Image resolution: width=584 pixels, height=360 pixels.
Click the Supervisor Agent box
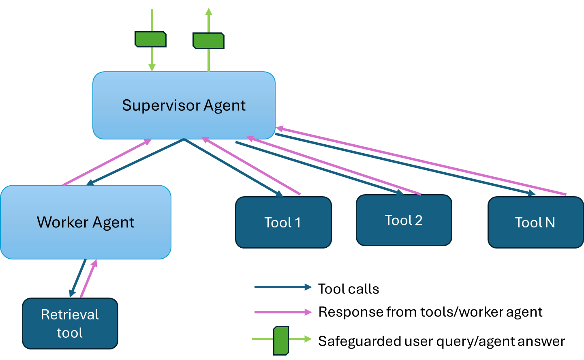(x=184, y=105)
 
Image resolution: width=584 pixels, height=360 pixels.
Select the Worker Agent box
(x=86, y=222)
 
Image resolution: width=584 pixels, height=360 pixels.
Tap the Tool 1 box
(x=283, y=222)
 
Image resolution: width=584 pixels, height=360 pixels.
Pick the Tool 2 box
(x=404, y=220)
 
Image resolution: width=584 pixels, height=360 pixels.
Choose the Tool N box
(x=535, y=222)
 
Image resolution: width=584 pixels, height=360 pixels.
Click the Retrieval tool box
(x=70, y=324)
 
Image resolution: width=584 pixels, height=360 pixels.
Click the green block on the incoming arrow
(x=151, y=39)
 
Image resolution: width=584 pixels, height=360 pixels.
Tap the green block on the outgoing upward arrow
(x=208, y=41)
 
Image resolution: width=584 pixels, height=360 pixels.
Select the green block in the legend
(x=281, y=340)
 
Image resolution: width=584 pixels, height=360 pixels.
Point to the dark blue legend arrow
(x=282, y=287)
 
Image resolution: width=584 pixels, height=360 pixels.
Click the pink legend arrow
(x=282, y=312)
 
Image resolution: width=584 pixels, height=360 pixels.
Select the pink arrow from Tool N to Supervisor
(x=421, y=162)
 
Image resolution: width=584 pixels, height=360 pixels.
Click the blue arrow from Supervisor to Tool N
(x=405, y=164)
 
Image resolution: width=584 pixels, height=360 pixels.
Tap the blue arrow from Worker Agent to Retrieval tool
(x=78, y=278)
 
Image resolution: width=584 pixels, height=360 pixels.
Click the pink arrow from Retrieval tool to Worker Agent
(x=89, y=279)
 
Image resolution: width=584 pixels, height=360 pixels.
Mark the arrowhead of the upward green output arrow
(x=209, y=11)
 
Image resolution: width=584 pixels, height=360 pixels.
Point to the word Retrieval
(x=70, y=315)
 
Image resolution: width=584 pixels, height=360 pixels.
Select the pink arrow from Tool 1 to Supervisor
(x=251, y=166)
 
